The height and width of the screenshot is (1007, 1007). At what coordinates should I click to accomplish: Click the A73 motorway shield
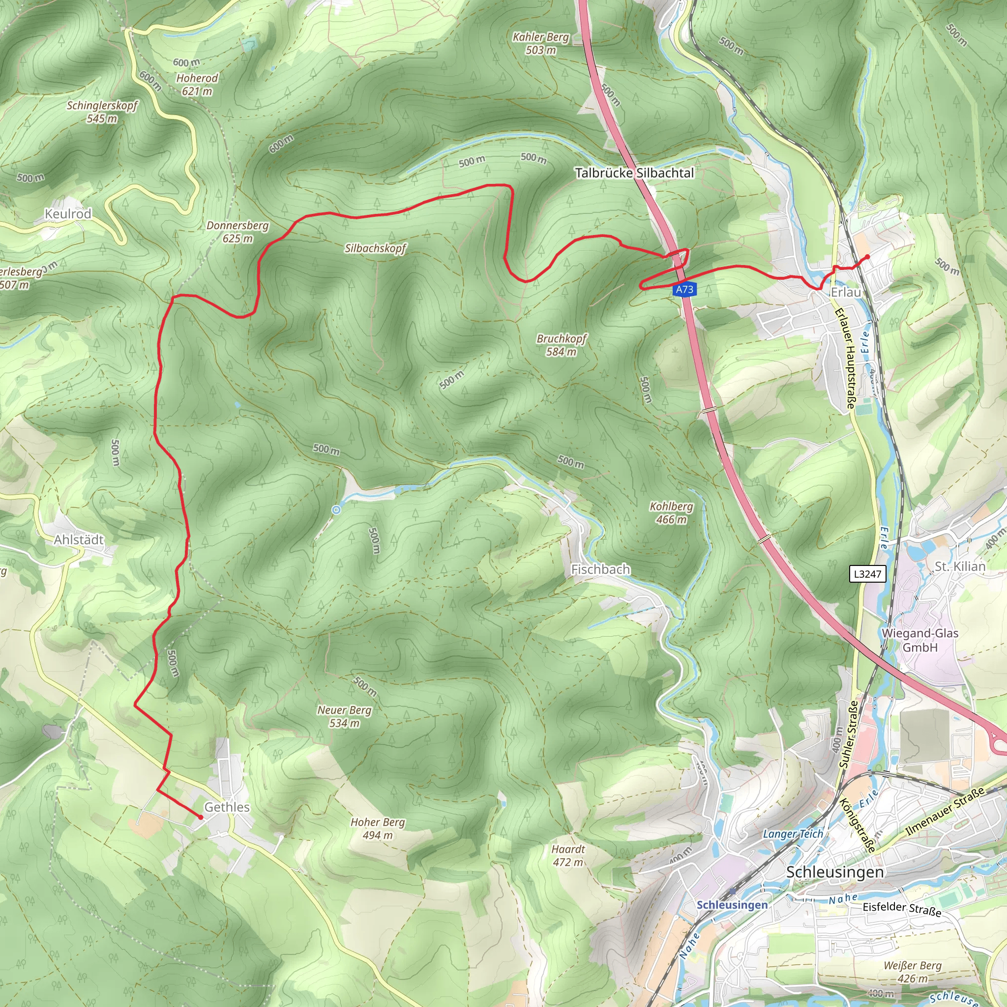[684, 289]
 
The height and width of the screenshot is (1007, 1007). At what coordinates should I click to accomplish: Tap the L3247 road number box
[867, 574]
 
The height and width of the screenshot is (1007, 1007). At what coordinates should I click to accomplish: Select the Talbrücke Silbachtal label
[634, 173]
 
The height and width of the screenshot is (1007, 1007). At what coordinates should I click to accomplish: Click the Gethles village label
[227, 807]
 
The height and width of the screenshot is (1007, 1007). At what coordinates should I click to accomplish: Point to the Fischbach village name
[600, 569]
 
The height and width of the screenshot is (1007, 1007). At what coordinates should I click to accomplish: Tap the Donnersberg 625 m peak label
[237, 232]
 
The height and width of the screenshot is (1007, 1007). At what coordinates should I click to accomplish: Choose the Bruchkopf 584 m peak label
[562, 345]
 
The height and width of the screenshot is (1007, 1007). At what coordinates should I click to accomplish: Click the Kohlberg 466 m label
[671, 513]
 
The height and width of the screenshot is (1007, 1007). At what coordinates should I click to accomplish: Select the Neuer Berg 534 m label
[345, 716]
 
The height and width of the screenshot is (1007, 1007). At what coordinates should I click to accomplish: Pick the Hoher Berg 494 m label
[377, 828]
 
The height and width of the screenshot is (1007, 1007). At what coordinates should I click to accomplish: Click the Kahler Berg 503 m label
[540, 43]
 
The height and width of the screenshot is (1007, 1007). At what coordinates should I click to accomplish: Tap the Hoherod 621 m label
[197, 85]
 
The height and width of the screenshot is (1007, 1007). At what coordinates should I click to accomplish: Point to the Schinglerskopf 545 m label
[102, 112]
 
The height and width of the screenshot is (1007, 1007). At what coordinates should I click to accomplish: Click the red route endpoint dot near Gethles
[201, 817]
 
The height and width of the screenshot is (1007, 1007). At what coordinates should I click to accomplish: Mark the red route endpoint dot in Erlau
[867, 257]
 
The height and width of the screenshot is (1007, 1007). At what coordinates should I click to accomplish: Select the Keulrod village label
[68, 214]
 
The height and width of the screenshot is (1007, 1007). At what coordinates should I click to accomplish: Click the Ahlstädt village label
[79, 539]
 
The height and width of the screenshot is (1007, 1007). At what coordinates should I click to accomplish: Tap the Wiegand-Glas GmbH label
[920, 640]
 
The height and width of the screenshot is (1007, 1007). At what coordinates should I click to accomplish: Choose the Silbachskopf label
[375, 248]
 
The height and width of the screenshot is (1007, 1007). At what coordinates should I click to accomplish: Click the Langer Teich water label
[793, 834]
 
